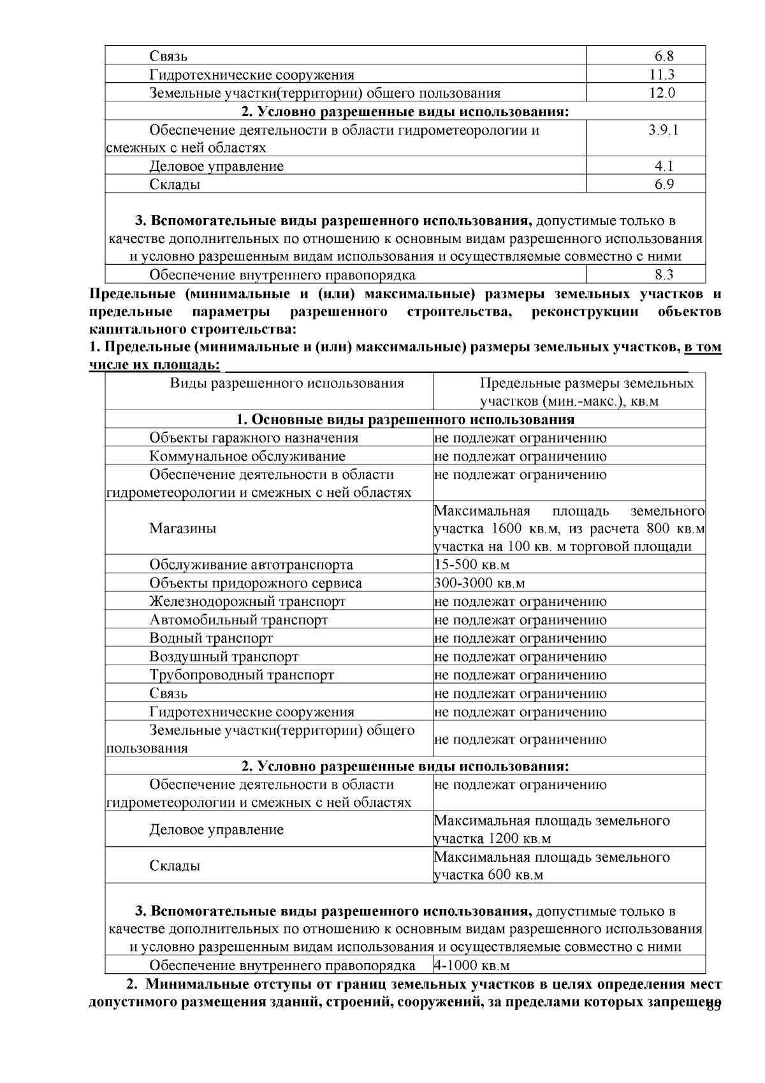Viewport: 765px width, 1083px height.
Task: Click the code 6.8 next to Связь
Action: pos(661,56)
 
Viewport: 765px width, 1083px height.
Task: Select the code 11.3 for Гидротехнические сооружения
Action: pos(661,75)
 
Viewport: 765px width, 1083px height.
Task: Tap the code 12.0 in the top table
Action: pos(662,93)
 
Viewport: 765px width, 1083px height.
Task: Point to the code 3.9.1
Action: pos(663,130)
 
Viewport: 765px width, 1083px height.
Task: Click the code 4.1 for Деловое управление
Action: pos(663,166)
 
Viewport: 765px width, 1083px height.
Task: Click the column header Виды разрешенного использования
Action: pos(287,383)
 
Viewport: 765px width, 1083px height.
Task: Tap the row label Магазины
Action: pos(182,528)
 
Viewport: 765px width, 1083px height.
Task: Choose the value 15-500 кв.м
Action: pos(471,565)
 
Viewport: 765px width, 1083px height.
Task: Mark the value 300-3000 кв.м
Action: pos(479,583)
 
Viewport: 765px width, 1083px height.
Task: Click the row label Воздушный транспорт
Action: pos(224,656)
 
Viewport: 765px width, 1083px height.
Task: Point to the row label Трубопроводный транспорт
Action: pos(242,675)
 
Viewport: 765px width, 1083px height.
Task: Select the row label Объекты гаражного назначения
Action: pos(253,438)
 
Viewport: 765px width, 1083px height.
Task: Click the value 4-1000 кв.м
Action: pos(471,965)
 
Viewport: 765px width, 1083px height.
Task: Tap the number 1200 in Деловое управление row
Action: pos(503,839)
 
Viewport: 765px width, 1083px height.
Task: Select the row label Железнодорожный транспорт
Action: pos(247,601)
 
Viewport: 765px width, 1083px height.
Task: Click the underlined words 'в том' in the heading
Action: pos(703,348)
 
